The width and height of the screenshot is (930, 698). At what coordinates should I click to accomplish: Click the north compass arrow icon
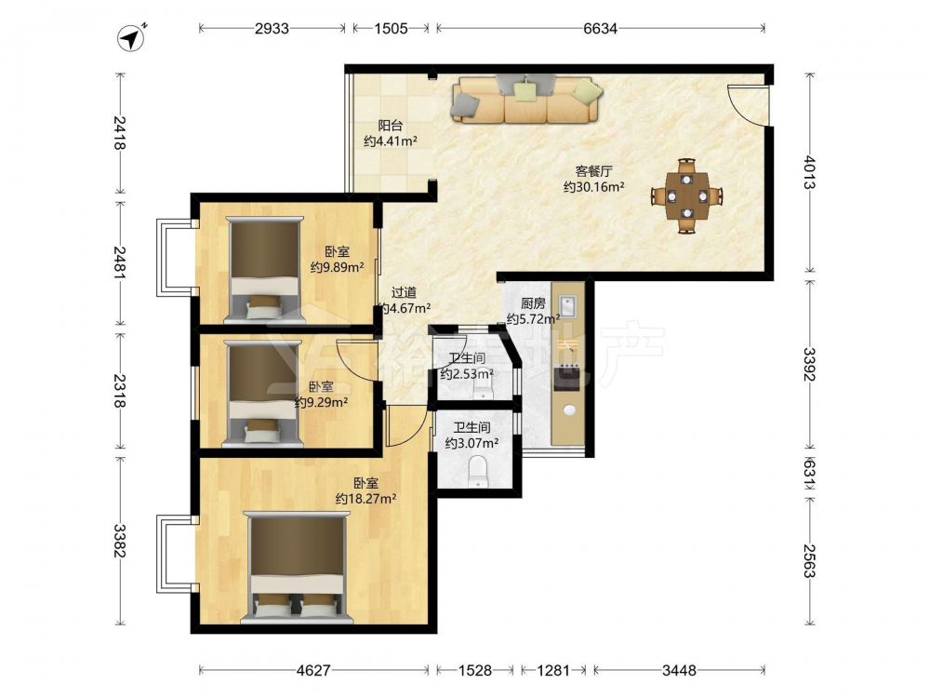(132, 38)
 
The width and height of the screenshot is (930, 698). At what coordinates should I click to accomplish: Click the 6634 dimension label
(600, 28)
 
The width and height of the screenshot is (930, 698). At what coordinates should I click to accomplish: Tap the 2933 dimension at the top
(272, 28)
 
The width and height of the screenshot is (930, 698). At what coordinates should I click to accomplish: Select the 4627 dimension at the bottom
(313, 670)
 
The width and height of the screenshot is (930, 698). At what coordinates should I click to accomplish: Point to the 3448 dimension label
(679, 670)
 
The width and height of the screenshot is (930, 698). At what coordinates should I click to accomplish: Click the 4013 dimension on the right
(810, 172)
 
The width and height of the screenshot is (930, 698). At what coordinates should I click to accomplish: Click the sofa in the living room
(526, 99)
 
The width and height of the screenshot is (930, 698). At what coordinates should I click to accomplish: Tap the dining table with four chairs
(687, 195)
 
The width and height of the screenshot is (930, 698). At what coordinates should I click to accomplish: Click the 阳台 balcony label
(391, 126)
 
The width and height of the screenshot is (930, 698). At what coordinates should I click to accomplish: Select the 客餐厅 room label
(593, 171)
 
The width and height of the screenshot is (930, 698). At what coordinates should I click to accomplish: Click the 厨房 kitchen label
(533, 303)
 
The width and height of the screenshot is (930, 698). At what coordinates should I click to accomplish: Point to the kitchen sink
(568, 306)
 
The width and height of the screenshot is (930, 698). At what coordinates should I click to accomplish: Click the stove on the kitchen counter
(567, 378)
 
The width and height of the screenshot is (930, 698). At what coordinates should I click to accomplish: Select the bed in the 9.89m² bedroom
(264, 270)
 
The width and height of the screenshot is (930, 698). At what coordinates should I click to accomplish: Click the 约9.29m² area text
(322, 402)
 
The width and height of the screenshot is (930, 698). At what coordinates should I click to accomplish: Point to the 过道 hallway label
(404, 292)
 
